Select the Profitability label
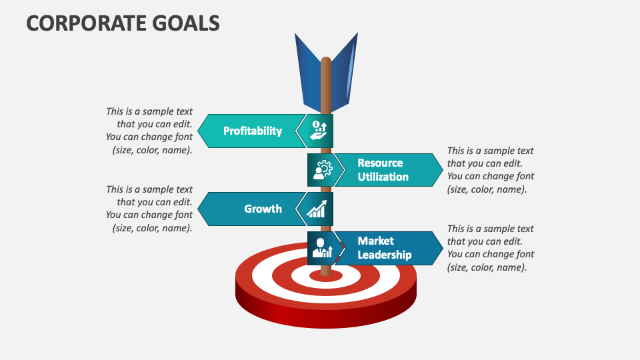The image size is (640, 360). click(253, 131)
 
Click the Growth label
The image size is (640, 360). click(263, 209)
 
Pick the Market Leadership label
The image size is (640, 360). click(384, 248)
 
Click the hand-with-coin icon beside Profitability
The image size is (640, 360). click(319, 131)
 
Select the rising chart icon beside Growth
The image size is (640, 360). click(317, 209)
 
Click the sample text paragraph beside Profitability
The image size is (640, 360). click(149, 131)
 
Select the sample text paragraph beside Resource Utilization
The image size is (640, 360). click(490, 170)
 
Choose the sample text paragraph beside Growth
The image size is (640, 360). click(149, 209)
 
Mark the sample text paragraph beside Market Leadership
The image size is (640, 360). click(490, 248)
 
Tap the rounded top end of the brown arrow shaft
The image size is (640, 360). click(326, 61)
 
